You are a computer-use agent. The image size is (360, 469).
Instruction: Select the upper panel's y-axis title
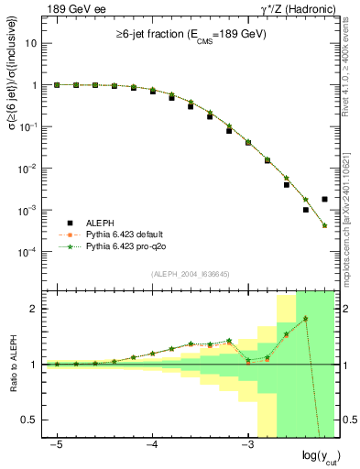coord(13,156)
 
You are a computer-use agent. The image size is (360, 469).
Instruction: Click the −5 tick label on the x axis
coord(57,443)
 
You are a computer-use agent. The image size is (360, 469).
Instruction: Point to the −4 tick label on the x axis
coord(152,443)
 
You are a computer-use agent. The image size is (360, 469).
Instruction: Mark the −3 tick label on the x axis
coord(246,443)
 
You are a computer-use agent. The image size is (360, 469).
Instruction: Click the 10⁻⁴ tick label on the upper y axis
coord(29,252)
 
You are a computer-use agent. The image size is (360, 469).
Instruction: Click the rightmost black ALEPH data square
coord(324,199)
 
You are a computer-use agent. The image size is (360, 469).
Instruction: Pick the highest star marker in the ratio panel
coord(305,319)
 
